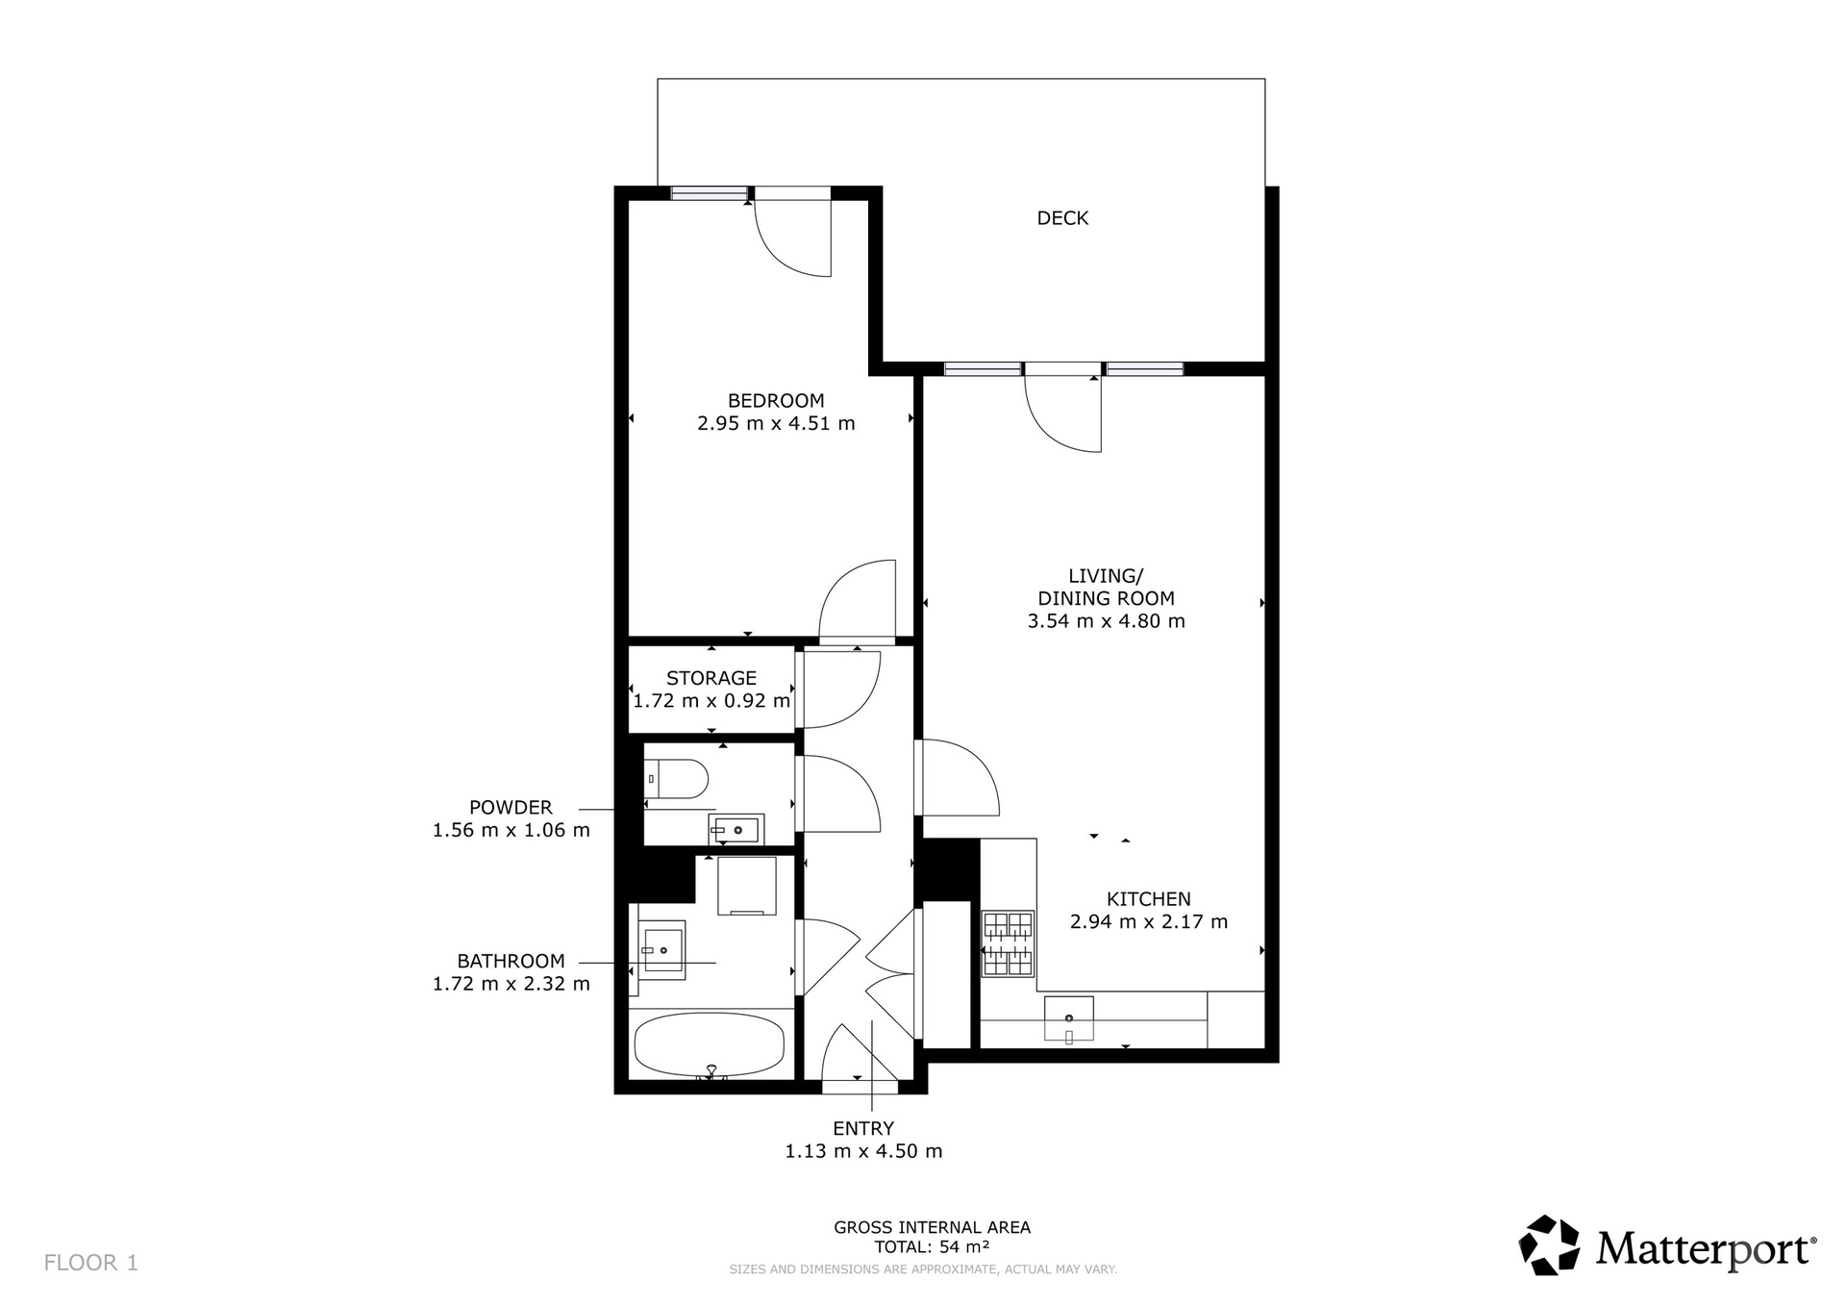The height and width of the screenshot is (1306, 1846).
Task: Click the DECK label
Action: [x=1062, y=218]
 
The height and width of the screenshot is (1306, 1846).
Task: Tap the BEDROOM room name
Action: [x=776, y=401]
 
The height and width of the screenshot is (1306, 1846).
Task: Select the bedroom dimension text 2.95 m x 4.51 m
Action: [x=776, y=423]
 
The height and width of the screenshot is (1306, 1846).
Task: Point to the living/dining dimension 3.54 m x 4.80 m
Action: [x=1106, y=621]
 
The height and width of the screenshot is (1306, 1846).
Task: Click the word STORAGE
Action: [x=711, y=678]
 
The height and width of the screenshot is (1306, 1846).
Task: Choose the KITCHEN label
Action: [x=1149, y=899]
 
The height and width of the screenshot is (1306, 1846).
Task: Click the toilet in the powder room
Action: [x=677, y=778]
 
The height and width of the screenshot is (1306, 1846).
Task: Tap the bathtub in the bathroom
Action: [x=711, y=1045]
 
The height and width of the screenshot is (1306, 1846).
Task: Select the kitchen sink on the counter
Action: [x=1069, y=1019]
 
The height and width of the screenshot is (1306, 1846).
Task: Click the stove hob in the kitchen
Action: [x=1008, y=943]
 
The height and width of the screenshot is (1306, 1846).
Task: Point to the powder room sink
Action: [x=736, y=829]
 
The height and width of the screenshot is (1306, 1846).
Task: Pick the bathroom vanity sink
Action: [x=663, y=950]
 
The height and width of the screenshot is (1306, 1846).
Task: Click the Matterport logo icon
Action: [x=1549, y=1245]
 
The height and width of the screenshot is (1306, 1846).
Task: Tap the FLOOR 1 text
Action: [x=91, y=1263]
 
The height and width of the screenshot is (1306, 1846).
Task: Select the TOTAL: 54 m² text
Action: [x=932, y=1247]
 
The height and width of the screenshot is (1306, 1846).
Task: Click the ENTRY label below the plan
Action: [x=863, y=1129]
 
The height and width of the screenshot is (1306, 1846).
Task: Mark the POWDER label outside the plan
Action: [x=511, y=808]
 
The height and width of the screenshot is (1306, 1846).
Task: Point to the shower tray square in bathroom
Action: [x=747, y=886]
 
